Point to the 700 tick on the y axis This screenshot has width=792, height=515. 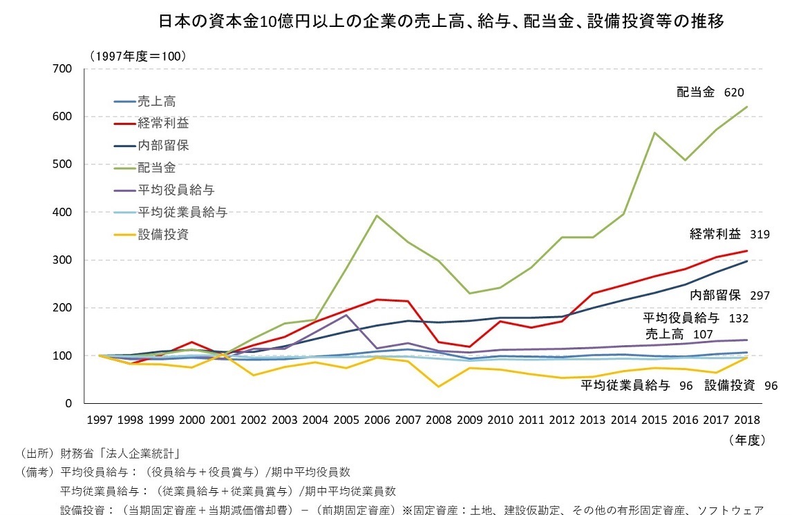click(x=64, y=69)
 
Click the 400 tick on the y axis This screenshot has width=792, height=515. click(x=64, y=213)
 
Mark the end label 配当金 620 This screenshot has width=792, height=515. click(x=710, y=92)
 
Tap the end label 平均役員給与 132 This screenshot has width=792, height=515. click(x=695, y=318)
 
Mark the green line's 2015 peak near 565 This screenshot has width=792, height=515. click(x=654, y=133)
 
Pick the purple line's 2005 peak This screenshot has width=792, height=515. click(x=346, y=315)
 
